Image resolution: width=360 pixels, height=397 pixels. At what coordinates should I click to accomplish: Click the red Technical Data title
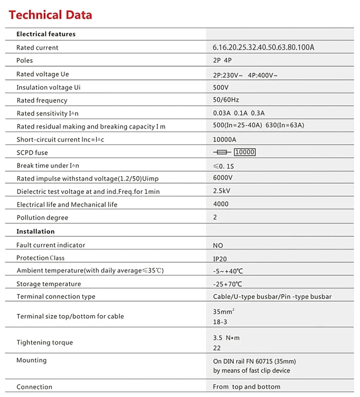50,15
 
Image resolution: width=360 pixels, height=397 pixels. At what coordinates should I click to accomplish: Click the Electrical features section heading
46,34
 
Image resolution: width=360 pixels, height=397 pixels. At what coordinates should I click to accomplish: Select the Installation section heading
35,232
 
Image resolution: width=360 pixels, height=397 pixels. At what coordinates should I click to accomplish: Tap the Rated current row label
37,47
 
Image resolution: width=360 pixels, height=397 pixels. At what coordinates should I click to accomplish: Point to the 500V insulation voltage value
221,87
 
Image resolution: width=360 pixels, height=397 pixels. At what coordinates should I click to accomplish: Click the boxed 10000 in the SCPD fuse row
245,152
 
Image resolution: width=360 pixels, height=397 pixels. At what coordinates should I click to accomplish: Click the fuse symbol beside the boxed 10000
222,152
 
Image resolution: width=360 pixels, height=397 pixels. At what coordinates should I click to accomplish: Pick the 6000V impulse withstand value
223,178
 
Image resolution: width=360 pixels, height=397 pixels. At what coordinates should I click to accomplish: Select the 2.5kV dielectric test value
221,191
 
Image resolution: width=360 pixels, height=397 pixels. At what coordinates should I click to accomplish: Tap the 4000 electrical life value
221,204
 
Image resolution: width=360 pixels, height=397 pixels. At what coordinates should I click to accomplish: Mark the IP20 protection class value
220,259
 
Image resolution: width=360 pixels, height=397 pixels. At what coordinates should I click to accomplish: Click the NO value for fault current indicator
218,246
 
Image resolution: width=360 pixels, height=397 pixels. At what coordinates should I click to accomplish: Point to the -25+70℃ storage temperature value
228,284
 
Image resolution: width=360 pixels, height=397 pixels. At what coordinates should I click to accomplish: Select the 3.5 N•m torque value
226,338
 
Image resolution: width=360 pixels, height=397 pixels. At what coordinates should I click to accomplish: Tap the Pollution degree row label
42,218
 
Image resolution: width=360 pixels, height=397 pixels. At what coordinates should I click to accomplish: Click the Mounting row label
31,360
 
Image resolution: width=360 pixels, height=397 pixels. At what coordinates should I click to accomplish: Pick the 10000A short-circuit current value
225,140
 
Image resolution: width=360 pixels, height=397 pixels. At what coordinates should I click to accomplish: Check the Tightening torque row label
45,342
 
